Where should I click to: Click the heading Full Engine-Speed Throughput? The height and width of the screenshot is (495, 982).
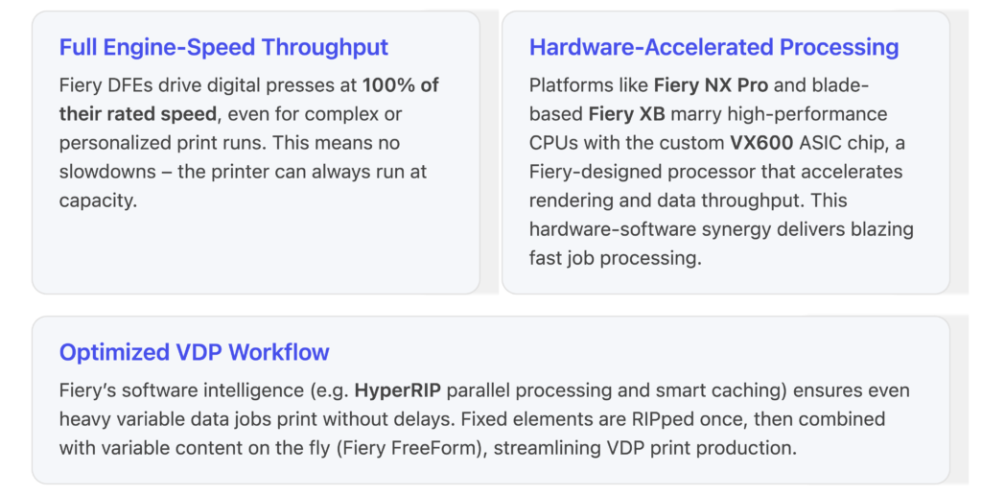tap(223, 48)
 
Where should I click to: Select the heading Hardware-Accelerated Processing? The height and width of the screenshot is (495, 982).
tap(713, 48)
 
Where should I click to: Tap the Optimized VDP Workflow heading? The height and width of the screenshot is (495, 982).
tap(194, 352)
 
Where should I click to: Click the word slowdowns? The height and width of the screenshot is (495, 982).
tap(107, 171)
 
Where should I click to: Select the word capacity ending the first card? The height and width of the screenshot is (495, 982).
tap(98, 201)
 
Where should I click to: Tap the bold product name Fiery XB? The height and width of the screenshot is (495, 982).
tap(626, 113)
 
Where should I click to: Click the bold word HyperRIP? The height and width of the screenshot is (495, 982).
tap(397, 390)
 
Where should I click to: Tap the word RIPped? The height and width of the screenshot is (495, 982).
tap(676, 419)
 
